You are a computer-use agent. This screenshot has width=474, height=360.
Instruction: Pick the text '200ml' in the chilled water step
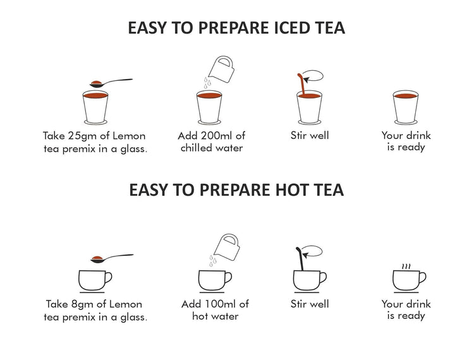pos(219,135)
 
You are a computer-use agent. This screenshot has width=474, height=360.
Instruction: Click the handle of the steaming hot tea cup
pos(422,278)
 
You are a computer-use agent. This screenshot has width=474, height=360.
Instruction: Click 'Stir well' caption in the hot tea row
pos(310,304)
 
